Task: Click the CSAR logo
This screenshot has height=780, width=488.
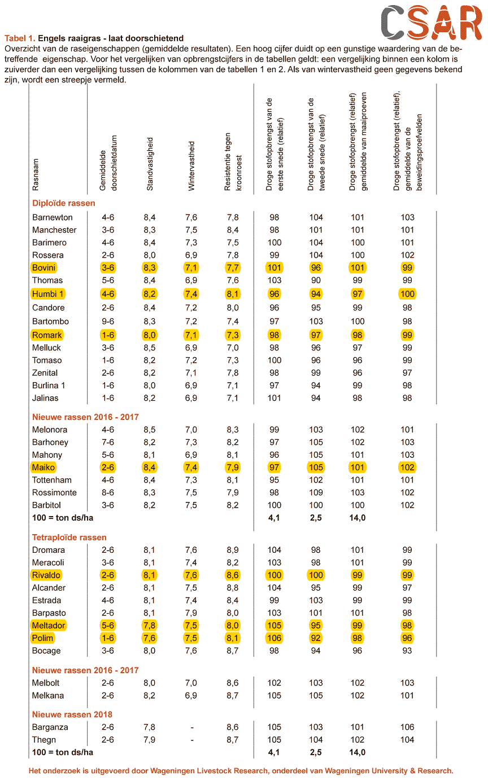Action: coord(432,22)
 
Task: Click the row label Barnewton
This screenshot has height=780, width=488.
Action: coord(52,217)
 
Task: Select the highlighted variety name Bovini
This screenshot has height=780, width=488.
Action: coord(44,267)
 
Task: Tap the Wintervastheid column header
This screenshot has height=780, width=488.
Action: coord(191,166)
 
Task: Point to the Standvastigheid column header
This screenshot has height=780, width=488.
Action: coord(150,164)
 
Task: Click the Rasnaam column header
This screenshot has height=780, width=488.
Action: coord(35,175)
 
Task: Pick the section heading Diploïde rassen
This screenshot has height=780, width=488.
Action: coord(64,203)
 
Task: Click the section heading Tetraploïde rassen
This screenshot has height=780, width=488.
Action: coord(69,538)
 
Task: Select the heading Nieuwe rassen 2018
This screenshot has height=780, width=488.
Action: coord(72,714)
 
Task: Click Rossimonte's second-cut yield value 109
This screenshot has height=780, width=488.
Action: coord(316,492)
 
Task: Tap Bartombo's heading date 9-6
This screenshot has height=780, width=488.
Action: coord(108,321)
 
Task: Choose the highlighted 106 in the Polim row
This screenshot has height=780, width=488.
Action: coord(274,638)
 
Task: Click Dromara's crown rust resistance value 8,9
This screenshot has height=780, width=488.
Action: coord(233,550)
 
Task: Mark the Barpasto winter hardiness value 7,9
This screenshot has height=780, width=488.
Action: coord(191,613)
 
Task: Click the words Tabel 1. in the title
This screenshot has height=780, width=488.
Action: coord(20,38)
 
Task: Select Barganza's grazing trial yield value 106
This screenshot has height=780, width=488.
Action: coord(407,727)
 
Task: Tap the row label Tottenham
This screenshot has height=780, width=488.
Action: coord(52,480)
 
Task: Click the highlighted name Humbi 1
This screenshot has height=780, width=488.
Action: coord(47,294)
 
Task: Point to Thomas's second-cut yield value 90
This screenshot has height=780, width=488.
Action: coord(316,280)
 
